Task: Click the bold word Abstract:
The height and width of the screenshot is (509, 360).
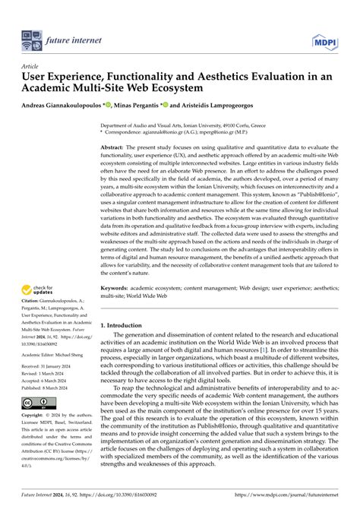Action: pos(113,145)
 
